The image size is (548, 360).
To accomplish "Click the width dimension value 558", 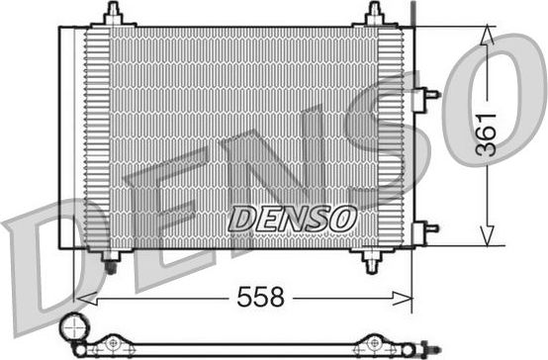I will coord(260,296).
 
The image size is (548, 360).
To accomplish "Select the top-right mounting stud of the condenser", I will coord(373,14).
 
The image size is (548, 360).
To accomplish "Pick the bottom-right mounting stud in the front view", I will coord(372,262).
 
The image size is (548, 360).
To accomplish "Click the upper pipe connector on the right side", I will coord(429,95).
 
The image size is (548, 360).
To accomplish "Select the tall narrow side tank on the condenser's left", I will coord(70,138).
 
